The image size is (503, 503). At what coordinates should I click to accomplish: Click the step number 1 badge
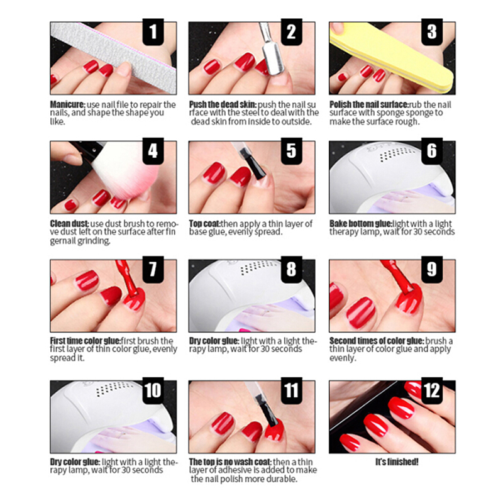click(153, 32)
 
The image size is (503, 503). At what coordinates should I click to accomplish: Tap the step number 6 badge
click(432, 151)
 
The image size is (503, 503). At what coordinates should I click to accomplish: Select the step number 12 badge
click(432, 390)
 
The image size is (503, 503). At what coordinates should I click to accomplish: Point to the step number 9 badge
click(432, 270)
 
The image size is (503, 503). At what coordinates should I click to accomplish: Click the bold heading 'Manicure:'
click(68, 104)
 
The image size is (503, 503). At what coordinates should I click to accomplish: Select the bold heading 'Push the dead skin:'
click(223, 104)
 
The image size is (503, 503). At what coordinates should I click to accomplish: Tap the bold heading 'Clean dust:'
click(69, 224)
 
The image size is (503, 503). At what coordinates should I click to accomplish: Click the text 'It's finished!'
click(397, 462)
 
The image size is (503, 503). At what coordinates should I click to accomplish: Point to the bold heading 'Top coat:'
click(204, 224)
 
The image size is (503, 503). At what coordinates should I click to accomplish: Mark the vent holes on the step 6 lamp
click(395, 155)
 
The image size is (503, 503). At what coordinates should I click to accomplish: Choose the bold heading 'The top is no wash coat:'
click(230, 462)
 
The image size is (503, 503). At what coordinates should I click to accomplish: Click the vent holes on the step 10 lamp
click(114, 388)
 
